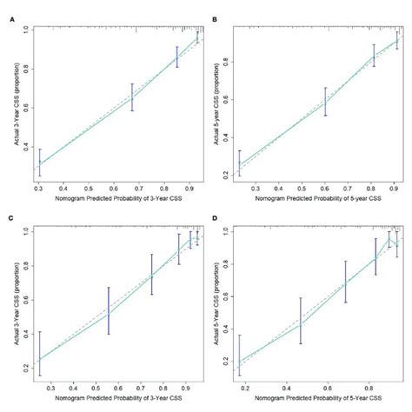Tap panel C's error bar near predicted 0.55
pos(109,310)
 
